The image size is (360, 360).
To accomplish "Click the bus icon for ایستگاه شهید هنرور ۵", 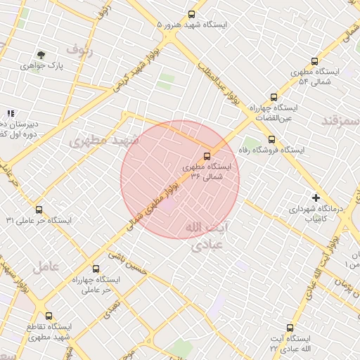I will point(192,14).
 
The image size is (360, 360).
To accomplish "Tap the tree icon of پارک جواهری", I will point(41,55).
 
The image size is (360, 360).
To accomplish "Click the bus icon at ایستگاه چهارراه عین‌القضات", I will point(274,98).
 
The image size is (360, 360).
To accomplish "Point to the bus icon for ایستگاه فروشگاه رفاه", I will point(271,139).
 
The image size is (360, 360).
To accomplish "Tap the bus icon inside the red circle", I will point(207,156).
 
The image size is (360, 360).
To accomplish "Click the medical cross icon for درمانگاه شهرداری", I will point(316,198).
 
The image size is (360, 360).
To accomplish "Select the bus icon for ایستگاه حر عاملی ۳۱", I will point(39,210).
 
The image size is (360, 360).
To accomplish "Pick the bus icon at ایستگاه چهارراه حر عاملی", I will point(96,269).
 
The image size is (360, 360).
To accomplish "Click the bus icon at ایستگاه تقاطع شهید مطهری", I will point(49,316).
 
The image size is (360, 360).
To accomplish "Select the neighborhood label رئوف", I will point(79,49).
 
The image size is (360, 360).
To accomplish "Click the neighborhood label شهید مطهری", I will point(104,141).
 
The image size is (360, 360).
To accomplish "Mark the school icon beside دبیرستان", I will point(11,113).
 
